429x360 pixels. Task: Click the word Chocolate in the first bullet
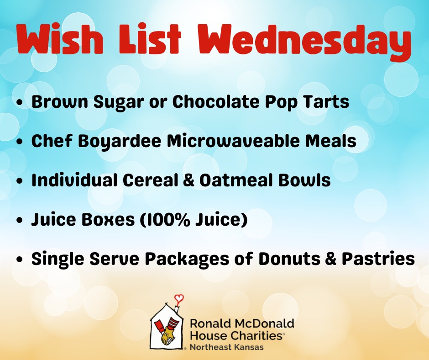click(x=215, y=101)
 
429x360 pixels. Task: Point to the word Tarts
click(x=325, y=101)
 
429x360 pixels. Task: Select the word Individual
click(x=74, y=180)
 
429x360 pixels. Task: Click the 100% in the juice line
click(x=167, y=220)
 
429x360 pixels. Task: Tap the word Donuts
click(x=289, y=259)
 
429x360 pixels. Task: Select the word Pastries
click(x=378, y=259)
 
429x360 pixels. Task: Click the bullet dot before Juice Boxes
click(x=20, y=220)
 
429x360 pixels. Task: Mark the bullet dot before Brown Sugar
click(x=20, y=102)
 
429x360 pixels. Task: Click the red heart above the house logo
click(x=179, y=298)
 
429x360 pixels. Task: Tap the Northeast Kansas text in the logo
click(x=226, y=347)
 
